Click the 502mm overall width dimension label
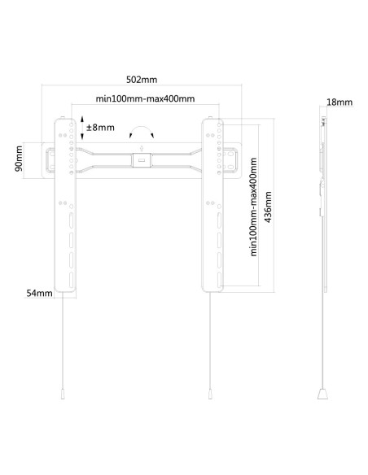(x=142, y=80)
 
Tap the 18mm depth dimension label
(x=340, y=102)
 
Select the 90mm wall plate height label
(x=19, y=159)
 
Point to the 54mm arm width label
(x=39, y=293)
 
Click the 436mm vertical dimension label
(x=268, y=207)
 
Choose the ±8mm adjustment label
(x=100, y=127)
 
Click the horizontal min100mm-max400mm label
(x=145, y=98)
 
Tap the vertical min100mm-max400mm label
(x=253, y=207)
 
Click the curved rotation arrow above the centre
(x=142, y=129)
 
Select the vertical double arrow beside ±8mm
(x=82, y=128)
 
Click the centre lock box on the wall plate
(x=142, y=160)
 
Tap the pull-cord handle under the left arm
(x=63, y=394)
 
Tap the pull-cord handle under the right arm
(x=210, y=394)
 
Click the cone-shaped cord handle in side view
(x=322, y=394)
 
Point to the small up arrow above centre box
(x=142, y=149)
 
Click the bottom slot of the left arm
(x=71, y=280)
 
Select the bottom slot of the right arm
(x=219, y=280)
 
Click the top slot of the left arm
(x=71, y=220)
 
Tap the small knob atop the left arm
(x=62, y=117)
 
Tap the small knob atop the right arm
(x=210, y=117)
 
